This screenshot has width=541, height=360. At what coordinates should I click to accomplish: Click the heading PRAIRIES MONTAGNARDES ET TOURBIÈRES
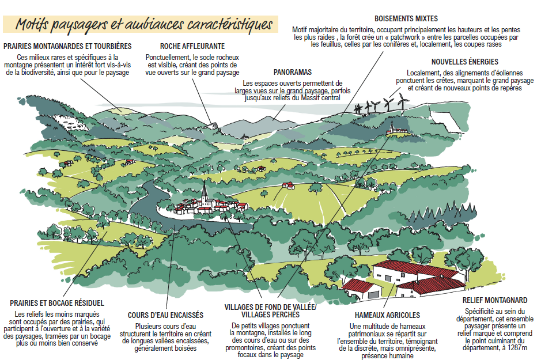tap(67, 46)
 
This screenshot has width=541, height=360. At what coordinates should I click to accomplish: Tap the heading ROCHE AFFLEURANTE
tap(192, 46)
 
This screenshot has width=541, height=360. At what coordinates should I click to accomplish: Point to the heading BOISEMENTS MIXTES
tap(406, 18)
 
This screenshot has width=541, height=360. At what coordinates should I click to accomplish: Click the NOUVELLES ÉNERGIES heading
tap(464, 62)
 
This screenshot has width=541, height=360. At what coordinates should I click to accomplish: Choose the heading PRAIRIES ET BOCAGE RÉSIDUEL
tap(57, 302)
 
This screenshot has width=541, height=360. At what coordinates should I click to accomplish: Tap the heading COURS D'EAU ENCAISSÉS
tap(165, 315)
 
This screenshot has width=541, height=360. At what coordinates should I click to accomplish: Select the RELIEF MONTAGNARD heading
tap(495, 300)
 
